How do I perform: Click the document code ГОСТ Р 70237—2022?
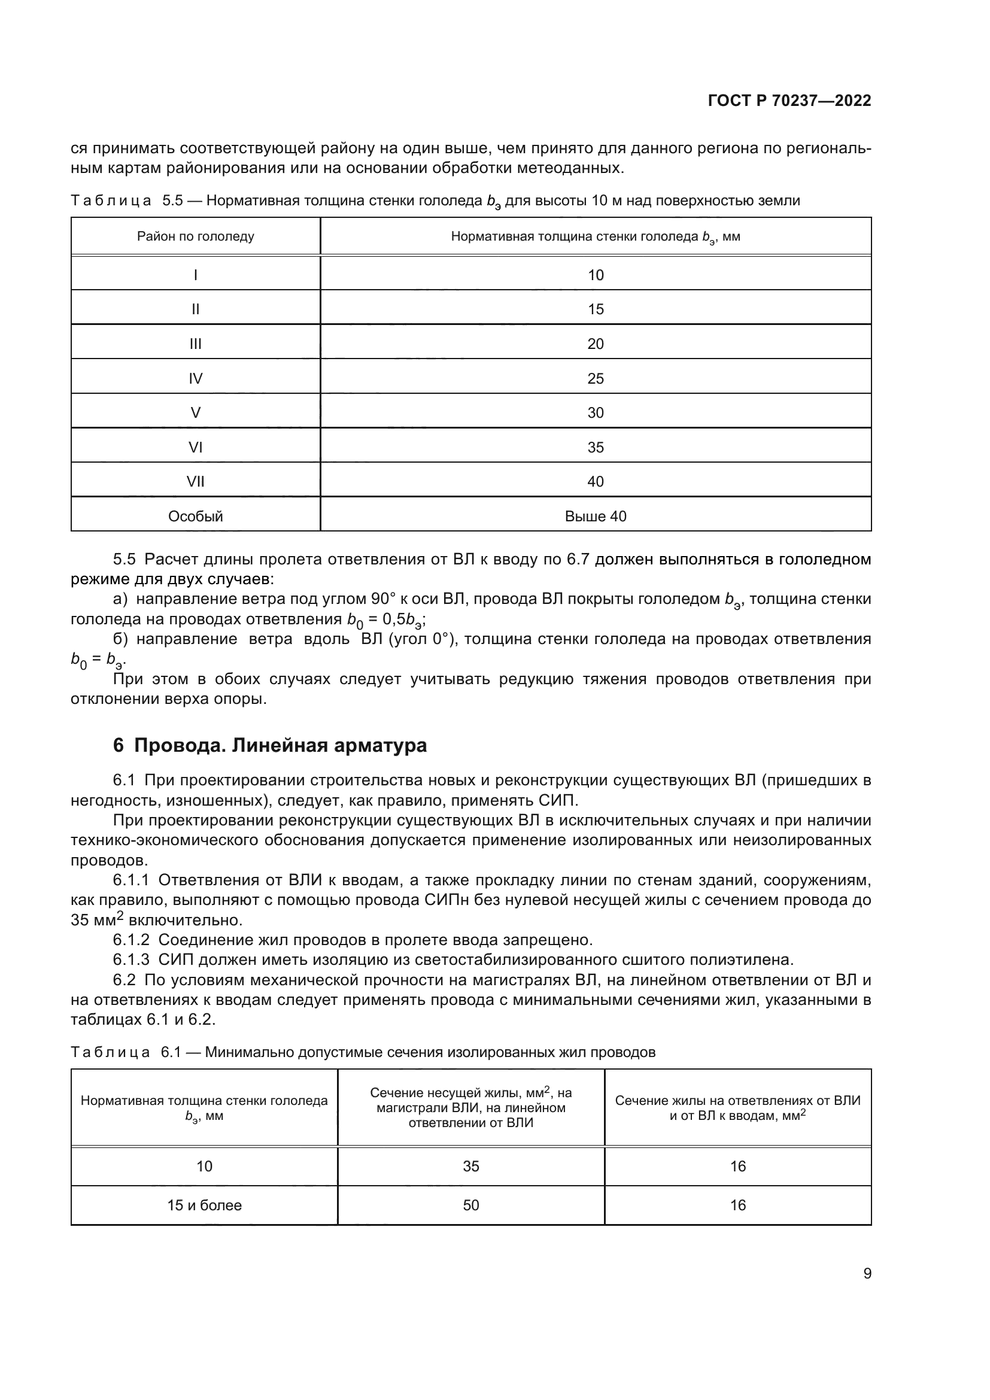coord(789,101)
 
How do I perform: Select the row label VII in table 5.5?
coord(195,482)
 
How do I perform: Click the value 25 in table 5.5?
coord(595,379)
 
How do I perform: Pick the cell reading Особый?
coord(195,517)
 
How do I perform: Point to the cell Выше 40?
coord(595,517)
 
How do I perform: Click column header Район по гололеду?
coord(195,236)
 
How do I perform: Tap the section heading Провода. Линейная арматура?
coord(280,745)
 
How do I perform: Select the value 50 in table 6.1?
coord(470,1205)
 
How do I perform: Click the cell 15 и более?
coord(204,1205)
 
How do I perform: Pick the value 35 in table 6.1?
coord(470,1166)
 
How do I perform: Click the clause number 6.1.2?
coord(131,940)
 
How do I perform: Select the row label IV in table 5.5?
coord(195,379)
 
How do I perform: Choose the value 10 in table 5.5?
coord(595,275)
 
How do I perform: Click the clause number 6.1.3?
coord(131,959)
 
